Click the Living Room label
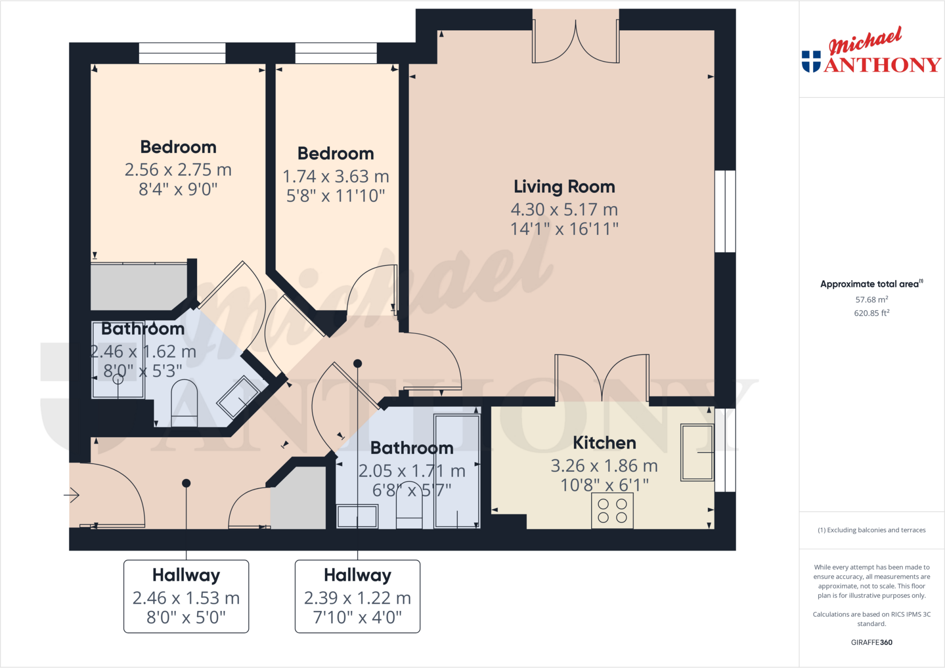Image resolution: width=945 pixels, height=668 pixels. click(x=564, y=187)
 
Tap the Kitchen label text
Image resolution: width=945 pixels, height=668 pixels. click(x=604, y=443)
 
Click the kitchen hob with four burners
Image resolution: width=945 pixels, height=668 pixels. click(x=612, y=511)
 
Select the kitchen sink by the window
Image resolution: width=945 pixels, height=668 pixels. click(x=697, y=453)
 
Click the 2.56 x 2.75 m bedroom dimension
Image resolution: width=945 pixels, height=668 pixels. click(x=178, y=170)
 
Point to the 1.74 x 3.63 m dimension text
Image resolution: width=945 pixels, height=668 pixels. click(x=335, y=176)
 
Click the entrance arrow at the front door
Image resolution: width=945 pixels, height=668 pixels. click(x=72, y=495)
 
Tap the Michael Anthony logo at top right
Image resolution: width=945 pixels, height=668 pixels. click(x=871, y=52)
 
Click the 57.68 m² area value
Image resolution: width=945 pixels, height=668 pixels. click(x=871, y=300)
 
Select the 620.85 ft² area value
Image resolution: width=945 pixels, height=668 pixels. click(x=871, y=313)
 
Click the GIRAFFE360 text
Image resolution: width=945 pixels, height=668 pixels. click(x=871, y=642)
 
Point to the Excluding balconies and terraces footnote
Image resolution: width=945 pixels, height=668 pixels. click(x=871, y=530)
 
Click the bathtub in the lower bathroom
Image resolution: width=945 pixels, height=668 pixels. click(x=457, y=470)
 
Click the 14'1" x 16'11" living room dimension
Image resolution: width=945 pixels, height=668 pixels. click(x=564, y=229)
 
